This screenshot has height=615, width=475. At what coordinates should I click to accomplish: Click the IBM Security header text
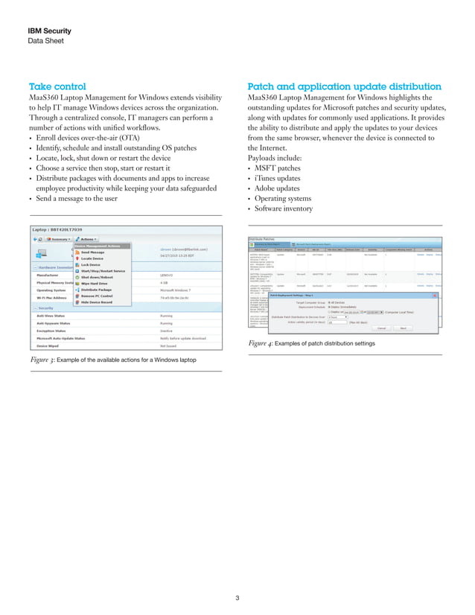tap(49, 31)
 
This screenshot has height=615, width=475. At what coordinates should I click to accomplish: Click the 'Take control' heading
tap(57, 86)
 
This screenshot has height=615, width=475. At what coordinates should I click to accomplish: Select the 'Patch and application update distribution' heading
tap(344, 86)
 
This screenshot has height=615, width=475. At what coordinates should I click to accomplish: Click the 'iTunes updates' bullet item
tap(279, 179)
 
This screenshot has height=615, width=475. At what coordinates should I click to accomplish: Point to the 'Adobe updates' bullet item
tap(279, 189)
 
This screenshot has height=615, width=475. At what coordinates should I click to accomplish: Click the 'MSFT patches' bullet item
tap(278, 168)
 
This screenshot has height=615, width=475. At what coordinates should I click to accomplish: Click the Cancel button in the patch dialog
tap(380, 327)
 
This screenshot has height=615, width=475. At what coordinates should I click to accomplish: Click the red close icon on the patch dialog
tap(435, 295)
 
